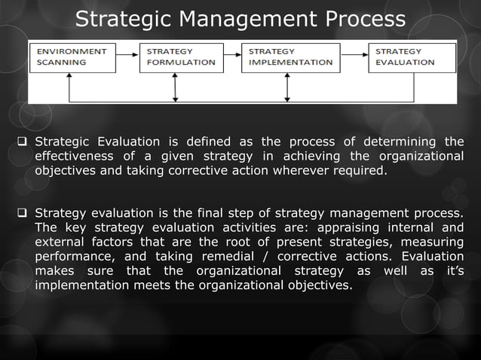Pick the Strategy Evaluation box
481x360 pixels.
[x=412, y=57]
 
